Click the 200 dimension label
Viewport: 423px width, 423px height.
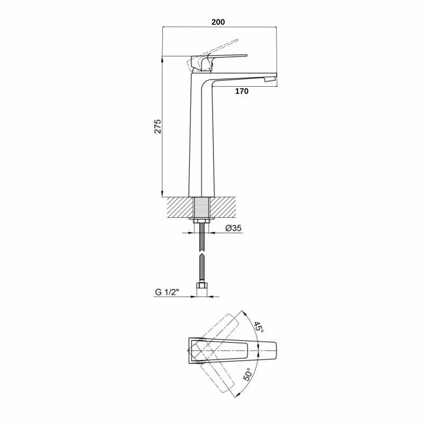pos(218,22)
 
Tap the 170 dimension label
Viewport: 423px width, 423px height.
pos(242,91)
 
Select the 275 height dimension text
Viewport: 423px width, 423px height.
pos(158,126)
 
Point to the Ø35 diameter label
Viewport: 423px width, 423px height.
pos(233,228)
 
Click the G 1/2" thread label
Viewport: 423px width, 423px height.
pos(167,292)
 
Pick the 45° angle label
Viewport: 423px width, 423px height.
pos(259,327)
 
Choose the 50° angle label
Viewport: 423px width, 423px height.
pos(249,374)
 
